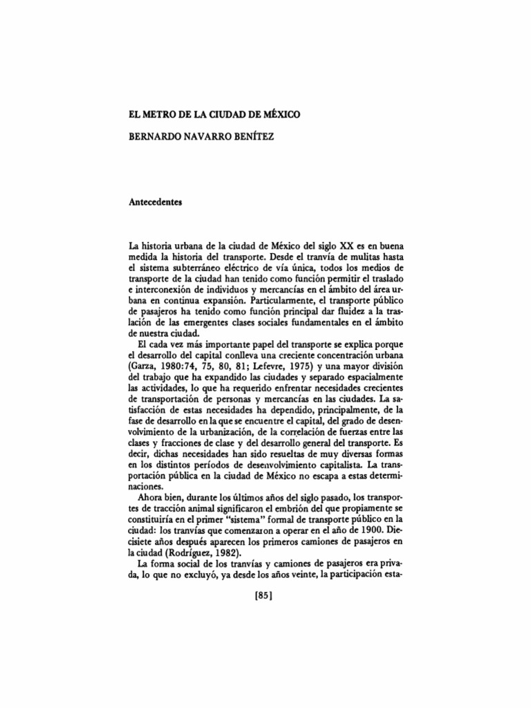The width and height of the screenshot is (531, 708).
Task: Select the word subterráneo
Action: [x=188, y=266]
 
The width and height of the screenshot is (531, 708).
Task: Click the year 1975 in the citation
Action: [x=323, y=366]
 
